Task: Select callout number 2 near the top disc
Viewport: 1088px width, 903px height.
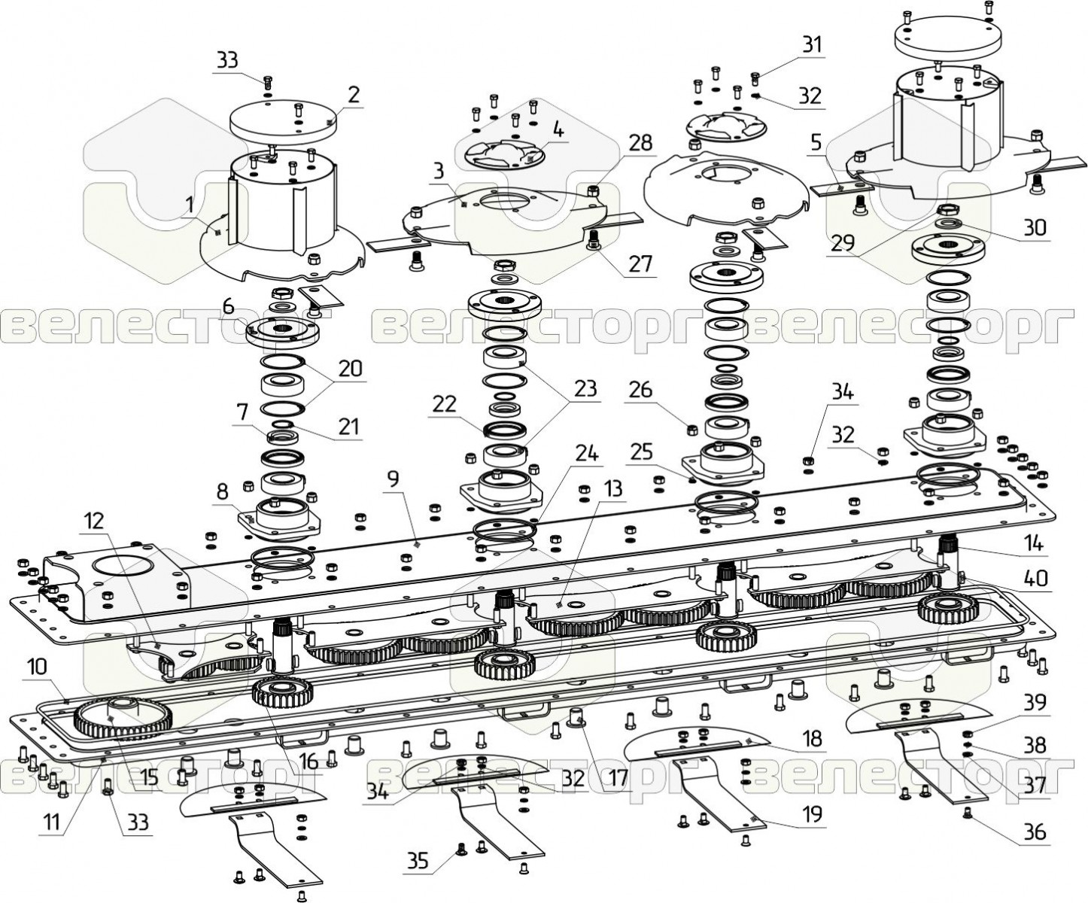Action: [x=354, y=96]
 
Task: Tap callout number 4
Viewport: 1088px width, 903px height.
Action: [x=558, y=129]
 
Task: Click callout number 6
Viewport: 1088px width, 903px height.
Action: [x=229, y=307]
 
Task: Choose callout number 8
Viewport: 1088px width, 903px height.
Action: [x=223, y=492]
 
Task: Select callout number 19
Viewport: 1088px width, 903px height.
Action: [x=813, y=813]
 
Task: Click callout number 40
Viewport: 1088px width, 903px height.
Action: [x=1035, y=579]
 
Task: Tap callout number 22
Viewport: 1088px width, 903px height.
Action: [x=444, y=404]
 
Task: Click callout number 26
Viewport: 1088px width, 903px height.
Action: [x=640, y=390]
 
